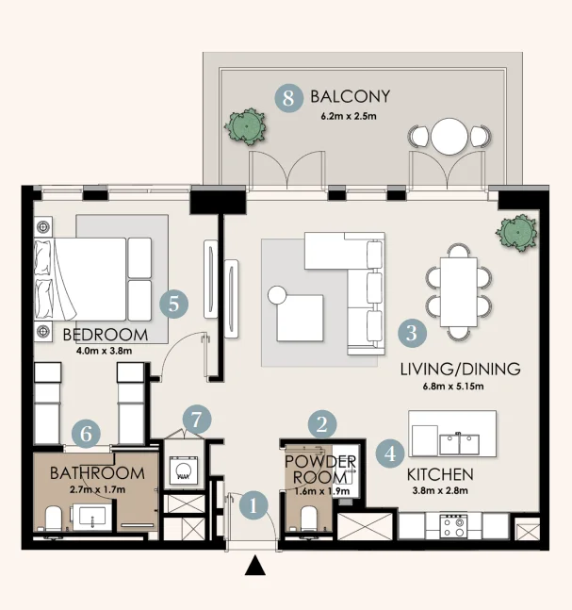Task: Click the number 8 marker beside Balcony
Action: coord(289,97)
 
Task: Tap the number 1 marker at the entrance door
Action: coord(252,504)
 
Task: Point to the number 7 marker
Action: coord(195,420)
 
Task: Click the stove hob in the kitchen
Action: coord(452,525)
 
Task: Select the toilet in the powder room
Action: coord(308,517)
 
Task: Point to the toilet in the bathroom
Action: coord(55,519)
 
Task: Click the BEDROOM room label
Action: coord(105,336)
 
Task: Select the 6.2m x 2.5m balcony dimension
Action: coord(349,118)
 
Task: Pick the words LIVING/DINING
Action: coord(459,369)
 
